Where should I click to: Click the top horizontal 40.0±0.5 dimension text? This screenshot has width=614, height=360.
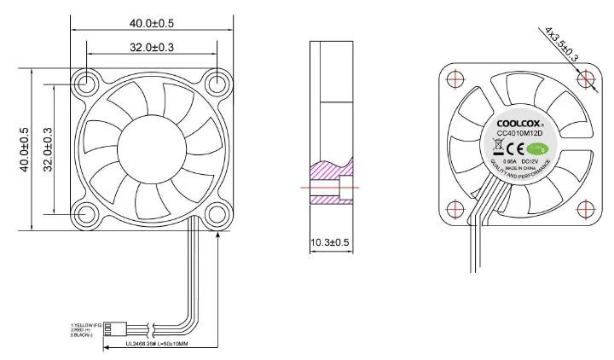coord(152,22)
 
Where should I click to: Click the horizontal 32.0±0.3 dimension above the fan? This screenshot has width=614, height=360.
coord(152,47)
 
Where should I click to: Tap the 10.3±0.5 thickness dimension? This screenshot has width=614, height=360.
coord(329,242)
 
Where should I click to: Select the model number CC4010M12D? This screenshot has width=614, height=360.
coord(520,133)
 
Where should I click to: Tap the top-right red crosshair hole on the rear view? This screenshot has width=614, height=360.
coord(585,78)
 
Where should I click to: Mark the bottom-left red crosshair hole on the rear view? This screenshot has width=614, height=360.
coord(455,208)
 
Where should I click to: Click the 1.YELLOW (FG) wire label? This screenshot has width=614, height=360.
coord(86,324)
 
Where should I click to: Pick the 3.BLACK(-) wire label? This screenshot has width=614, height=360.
coord(84,334)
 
